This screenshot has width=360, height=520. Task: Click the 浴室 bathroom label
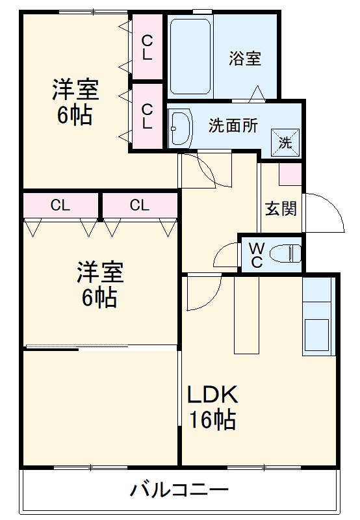(246, 58)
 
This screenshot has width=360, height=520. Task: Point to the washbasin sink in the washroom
(180, 127)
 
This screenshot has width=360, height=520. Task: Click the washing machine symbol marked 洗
(285, 141)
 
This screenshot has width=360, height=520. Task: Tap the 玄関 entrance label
(281, 209)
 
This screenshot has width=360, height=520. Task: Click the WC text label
(256, 254)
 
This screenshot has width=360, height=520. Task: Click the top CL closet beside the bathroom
(148, 47)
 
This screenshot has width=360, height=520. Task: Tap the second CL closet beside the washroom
(148, 116)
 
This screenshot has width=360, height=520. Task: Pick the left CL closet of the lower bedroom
(60, 206)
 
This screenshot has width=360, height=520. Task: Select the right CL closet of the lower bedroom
(139, 206)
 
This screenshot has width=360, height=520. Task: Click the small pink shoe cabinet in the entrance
(290, 174)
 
